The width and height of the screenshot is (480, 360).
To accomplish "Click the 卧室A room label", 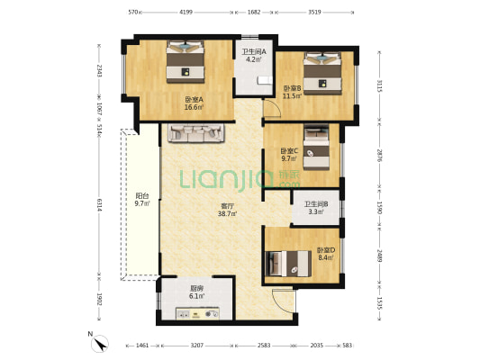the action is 195,99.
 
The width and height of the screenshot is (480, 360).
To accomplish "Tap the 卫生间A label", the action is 254,51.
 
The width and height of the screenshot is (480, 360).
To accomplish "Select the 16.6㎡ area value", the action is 195,107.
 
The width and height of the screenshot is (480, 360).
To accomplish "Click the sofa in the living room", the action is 196,133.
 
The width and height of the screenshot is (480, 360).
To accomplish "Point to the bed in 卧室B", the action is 322,74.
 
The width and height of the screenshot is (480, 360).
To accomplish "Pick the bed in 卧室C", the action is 316,148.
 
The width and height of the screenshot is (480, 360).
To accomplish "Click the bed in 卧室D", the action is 288,264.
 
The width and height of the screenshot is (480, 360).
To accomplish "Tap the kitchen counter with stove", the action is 197,313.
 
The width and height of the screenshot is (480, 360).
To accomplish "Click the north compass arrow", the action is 100,344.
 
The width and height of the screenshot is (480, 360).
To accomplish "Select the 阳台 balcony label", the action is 142,196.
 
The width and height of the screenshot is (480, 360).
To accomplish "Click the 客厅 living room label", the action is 226,206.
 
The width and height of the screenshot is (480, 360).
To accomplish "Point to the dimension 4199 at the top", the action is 186,13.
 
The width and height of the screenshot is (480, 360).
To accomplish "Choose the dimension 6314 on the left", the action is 99,205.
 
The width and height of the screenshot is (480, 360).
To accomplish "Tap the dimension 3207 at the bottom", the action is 197,346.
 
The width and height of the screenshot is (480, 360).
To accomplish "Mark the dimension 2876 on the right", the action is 380,156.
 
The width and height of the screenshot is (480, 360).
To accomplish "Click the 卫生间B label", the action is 316,204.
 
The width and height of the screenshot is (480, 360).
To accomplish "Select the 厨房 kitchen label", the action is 197,288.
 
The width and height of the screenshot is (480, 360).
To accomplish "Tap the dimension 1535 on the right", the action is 380,302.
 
